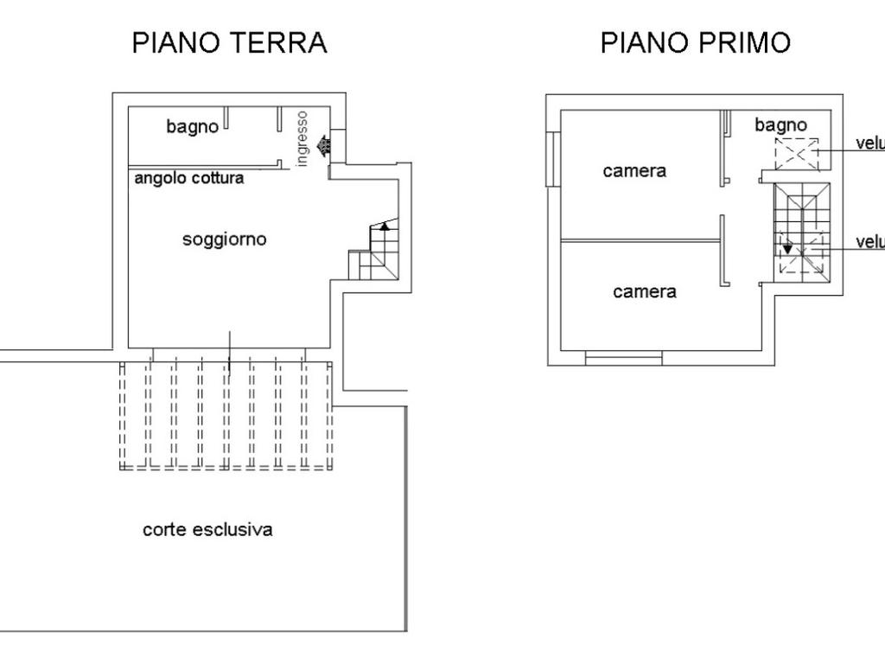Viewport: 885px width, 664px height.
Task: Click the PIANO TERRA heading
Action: pyautogui.click(x=229, y=42)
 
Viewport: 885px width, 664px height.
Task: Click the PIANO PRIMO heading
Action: pyautogui.click(x=696, y=42)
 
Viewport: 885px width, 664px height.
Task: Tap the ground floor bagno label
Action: pyautogui.click(x=192, y=127)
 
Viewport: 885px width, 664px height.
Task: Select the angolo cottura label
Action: pyautogui.click(x=189, y=178)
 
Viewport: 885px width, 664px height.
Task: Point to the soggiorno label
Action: pyautogui.click(x=224, y=239)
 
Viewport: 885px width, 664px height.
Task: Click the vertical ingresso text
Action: pyautogui.click(x=302, y=137)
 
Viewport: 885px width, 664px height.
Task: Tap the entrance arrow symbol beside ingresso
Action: pyautogui.click(x=324, y=145)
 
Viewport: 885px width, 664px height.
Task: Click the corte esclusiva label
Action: pyautogui.click(x=207, y=529)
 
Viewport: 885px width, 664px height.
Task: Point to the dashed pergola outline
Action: pyautogui.click(x=226, y=415)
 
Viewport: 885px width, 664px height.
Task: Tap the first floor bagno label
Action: pyautogui.click(x=780, y=125)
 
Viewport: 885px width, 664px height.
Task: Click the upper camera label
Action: pyautogui.click(x=634, y=171)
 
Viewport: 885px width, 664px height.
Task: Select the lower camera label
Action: pyautogui.click(x=645, y=292)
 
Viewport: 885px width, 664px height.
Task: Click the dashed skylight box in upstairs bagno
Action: pyautogui.click(x=796, y=154)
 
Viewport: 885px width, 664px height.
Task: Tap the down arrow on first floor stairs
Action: pyautogui.click(x=787, y=249)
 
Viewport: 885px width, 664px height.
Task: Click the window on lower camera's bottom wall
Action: pyautogui.click(x=623, y=356)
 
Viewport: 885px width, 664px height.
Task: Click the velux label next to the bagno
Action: pyautogui.click(x=869, y=144)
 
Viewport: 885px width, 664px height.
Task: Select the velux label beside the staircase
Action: pyautogui.click(x=869, y=242)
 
